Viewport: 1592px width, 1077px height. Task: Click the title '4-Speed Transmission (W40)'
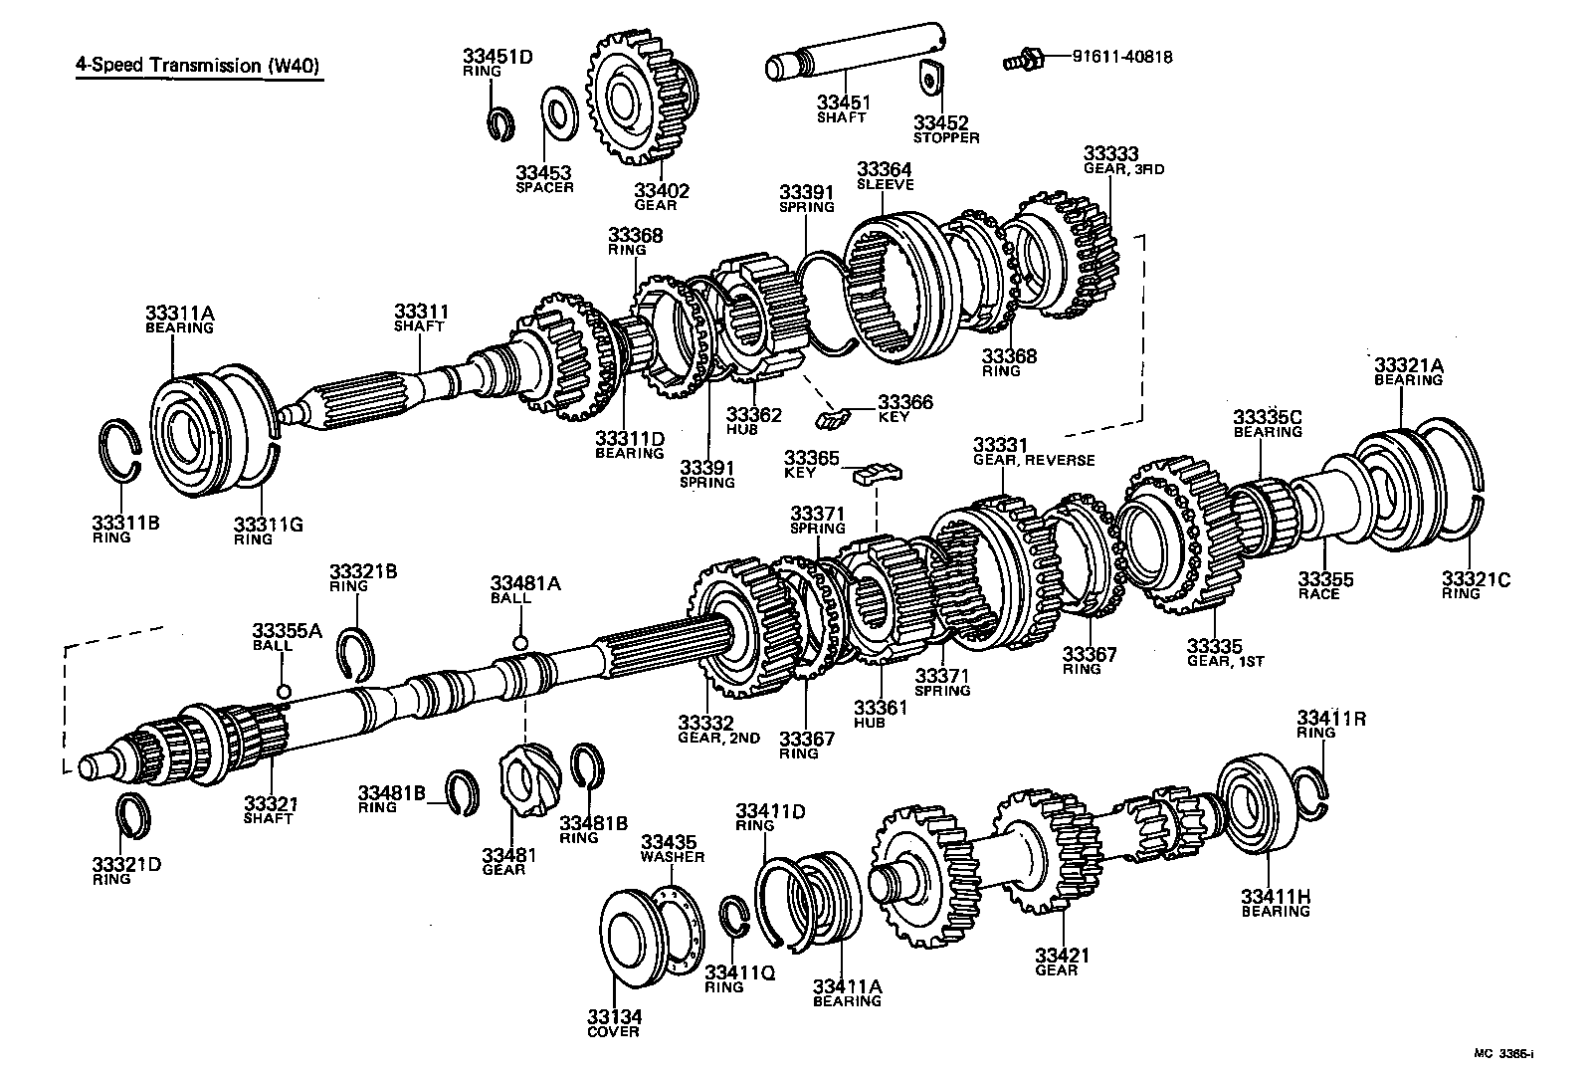click(x=200, y=67)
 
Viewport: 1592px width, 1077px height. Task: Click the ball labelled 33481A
click(x=518, y=641)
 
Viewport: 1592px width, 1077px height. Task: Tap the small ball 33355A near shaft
click(x=284, y=692)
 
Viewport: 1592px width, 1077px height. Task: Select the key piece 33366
click(x=832, y=417)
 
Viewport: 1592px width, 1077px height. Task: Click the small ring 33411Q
click(x=734, y=916)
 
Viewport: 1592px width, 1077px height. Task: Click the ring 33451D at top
click(x=501, y=122)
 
